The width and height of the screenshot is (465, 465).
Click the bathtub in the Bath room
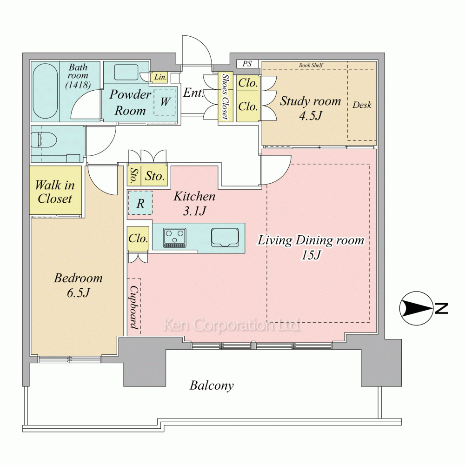pyautogui.click(x=46, y=91)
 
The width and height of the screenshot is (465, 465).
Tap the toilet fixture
pyautogui.click(x=45, y=139)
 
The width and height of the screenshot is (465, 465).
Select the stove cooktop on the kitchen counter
pyautogui.click(x=175, y=238)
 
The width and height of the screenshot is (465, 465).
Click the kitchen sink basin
pyautogui.click(x=225, y=238)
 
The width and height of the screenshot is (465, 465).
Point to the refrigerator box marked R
pyautogui.click(x=140, y=203)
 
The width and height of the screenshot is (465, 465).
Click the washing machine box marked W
pyautogui.click(x=165, y=102)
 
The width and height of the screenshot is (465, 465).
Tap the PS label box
pyautogui.click(x=247, y=64)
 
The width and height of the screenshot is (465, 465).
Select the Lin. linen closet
pyautogui.click(x=160, y=77)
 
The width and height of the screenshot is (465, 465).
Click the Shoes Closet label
pyautogui.click(x=226, y=97)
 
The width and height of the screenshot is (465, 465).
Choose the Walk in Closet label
pyautogui.click(x=55, y=192)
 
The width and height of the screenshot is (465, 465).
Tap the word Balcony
pyautogui.click(x=212, y=385)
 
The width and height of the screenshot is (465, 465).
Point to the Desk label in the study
pyautogui.click(x=362, y=105)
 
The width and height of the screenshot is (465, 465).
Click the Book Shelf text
pyautogui.click(x=311, y=65)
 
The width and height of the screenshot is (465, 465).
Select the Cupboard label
pyautogui.click(x=134, y=307)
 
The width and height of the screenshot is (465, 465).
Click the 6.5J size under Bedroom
pyautogui.click(x=78, y=293)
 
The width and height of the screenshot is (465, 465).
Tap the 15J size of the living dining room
pyautogui.click(x=311, y=255)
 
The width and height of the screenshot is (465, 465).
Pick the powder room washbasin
pyautogui.click(x=126, y=72)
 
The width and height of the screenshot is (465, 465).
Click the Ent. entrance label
pyautogui.click(x=193, y=93)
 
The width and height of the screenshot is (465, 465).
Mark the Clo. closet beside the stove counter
pyautogui.click(x=138, y=239)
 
